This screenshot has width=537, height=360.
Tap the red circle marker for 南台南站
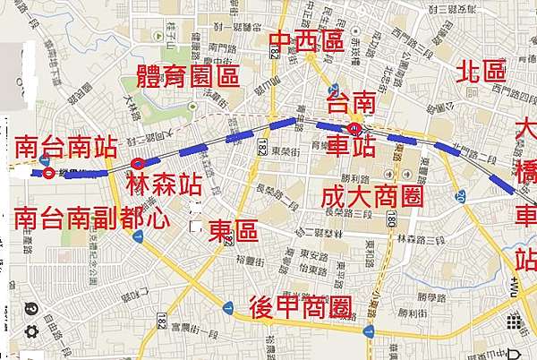(x=47, y=173)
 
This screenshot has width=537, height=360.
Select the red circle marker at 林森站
(x=137, y=163)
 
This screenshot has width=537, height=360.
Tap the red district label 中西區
(x=306, y=41)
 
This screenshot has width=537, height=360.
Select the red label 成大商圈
(x=370, y=196)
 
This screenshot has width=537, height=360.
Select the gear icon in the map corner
(x=31, y=330)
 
